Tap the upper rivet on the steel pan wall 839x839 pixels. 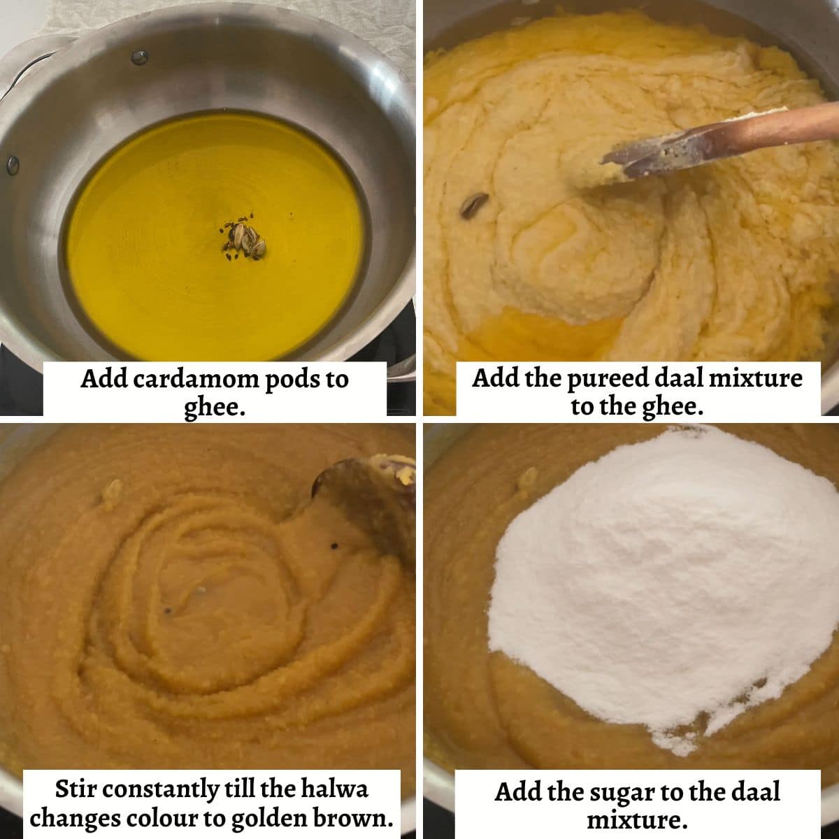[139, 57]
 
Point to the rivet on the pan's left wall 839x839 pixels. [13, 164]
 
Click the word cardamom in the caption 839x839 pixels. [196, 379]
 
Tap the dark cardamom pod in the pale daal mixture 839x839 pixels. [474, 204]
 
